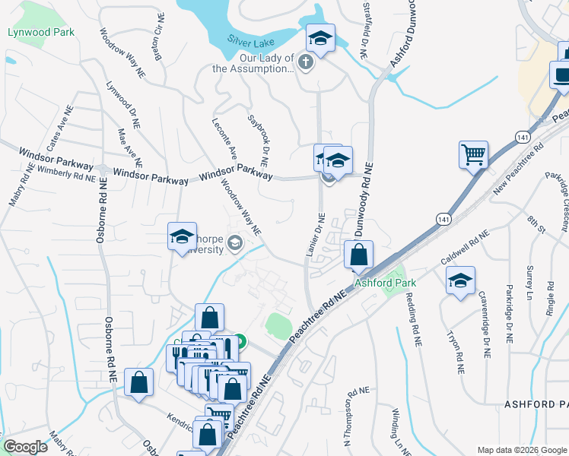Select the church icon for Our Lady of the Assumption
click(306, 62)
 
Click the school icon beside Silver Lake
click(321, 39)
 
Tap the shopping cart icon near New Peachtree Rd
click(473, 154)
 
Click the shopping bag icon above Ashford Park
click(358, 255)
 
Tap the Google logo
click(25, 447)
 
